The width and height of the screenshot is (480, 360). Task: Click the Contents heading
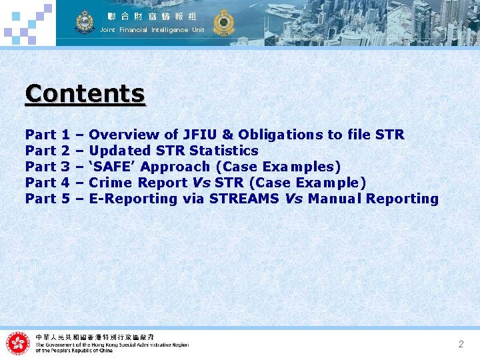[85, 94]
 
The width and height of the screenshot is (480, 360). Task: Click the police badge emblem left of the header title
[85, 22]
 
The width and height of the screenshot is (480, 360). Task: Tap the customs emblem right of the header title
[223, 22]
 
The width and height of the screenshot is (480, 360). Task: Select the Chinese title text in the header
[153, 15]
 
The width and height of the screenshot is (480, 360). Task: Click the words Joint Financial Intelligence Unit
[152, 30]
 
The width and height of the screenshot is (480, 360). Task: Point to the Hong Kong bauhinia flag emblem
[18, 343]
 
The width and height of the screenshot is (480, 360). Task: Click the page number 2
[461, 344]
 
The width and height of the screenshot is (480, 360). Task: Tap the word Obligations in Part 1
[281, 135]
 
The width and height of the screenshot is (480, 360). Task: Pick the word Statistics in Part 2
[223, 151]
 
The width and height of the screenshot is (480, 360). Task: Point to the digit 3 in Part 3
[65, 167]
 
